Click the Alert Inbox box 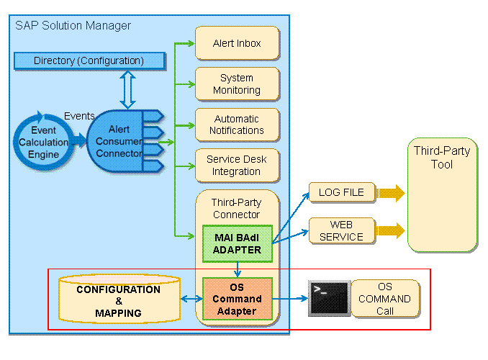coord(237,43)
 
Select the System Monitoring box coord(237,84)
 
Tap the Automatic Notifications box coord(237,125)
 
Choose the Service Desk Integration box coord(237,166)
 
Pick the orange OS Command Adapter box coord(238,299)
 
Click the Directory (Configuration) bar coord(89,60)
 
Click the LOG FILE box coord(342,192)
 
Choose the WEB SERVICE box coord(342,230)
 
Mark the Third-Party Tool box coord(442,194)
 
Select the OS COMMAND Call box coord(384,299)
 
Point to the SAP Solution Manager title coord(73,26)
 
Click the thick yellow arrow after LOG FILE coord(390,193)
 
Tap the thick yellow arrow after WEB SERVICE coord(390,231)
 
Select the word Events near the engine coord(79,115)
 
